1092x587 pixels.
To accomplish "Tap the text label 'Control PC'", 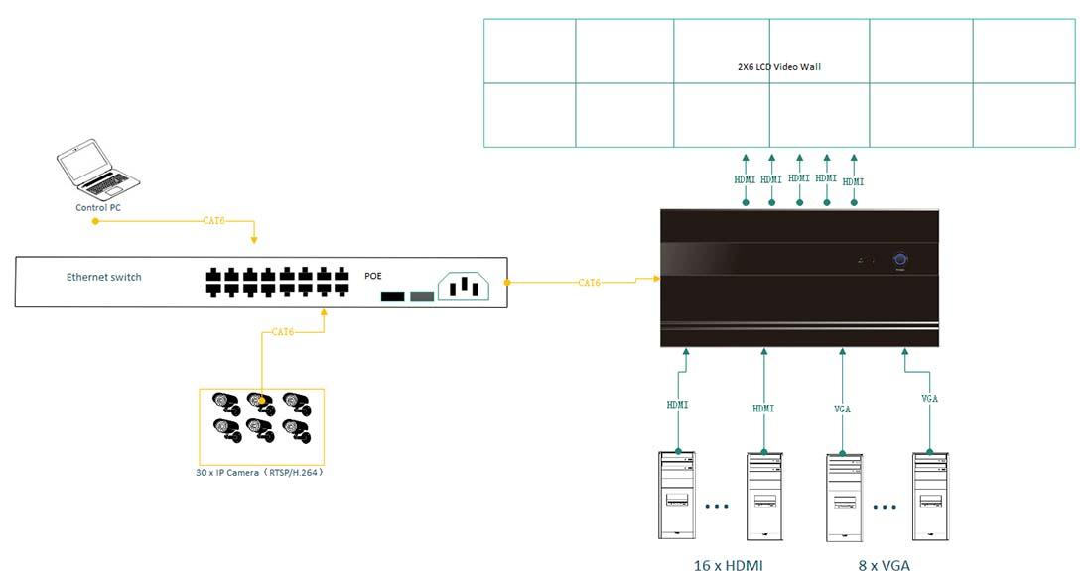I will point(98,208).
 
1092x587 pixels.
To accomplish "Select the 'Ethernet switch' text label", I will point(104,277).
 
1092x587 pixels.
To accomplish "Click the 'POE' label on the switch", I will point(373,276).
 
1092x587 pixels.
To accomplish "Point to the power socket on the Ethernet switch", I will point(464,286).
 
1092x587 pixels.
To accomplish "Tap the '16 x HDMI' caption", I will point(728,566).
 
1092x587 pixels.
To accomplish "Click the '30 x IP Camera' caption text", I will point(259,473).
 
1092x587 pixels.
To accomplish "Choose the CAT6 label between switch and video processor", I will point(590,283).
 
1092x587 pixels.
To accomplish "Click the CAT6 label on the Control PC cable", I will point(213,220).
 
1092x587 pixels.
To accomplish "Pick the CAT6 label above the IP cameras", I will point(283,332).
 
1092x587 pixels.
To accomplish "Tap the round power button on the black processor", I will point(900,260).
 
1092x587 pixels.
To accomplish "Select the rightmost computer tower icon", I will point(930,495).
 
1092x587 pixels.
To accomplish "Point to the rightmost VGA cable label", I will point(930,398).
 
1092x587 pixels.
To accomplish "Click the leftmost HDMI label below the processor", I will point(678,405).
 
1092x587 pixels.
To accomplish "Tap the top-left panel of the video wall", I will point(530,51).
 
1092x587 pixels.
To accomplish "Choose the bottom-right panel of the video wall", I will point(1024,115).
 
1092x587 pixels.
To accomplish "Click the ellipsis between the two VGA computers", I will point(885,507).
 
